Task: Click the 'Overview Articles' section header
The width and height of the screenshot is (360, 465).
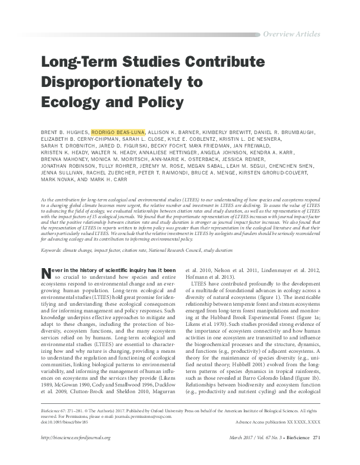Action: point(291,34)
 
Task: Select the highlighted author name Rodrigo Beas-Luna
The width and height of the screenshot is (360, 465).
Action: point(118,132)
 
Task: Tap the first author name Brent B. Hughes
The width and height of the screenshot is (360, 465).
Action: point(64,132)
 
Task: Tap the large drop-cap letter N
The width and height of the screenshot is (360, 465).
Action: point(47,274)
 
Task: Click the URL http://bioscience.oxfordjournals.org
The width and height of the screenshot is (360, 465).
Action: point(76,438)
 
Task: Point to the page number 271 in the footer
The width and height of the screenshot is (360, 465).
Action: point(316,438)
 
